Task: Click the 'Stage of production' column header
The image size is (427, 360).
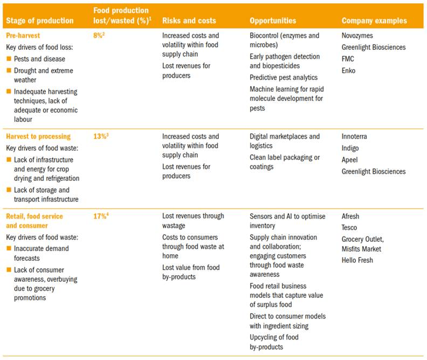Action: click(39, 21)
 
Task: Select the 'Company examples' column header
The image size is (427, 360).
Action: click(374, 21)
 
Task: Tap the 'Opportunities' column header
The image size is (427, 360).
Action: click(273, 21)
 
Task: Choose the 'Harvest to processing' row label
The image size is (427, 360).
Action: click(38, 137)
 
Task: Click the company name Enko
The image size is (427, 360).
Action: click(349, 71)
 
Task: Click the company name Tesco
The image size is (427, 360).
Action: click(349, 228)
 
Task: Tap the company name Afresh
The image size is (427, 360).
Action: click(350, 216)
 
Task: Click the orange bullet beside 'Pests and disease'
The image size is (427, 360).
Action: click(9, 59)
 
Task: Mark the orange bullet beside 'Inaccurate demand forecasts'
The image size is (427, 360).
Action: click(9, 248)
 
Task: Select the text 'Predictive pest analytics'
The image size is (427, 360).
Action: click(284, 78)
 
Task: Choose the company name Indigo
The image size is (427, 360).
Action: click(350, 148)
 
